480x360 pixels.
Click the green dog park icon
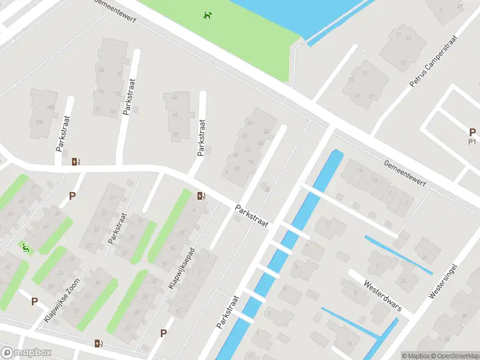coord(207,15)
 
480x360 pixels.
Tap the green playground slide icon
coord(25,247)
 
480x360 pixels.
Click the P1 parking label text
coord(472,142)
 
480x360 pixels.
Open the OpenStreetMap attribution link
coord(455,355)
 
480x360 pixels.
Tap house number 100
coord(40,122)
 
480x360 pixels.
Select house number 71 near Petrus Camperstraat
coord(398,34)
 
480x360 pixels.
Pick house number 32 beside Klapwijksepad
coord(128,327)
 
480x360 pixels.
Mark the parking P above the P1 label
coord(472,133)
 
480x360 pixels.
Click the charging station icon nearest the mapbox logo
coord(98,343)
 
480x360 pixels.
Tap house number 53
coord(351,79)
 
